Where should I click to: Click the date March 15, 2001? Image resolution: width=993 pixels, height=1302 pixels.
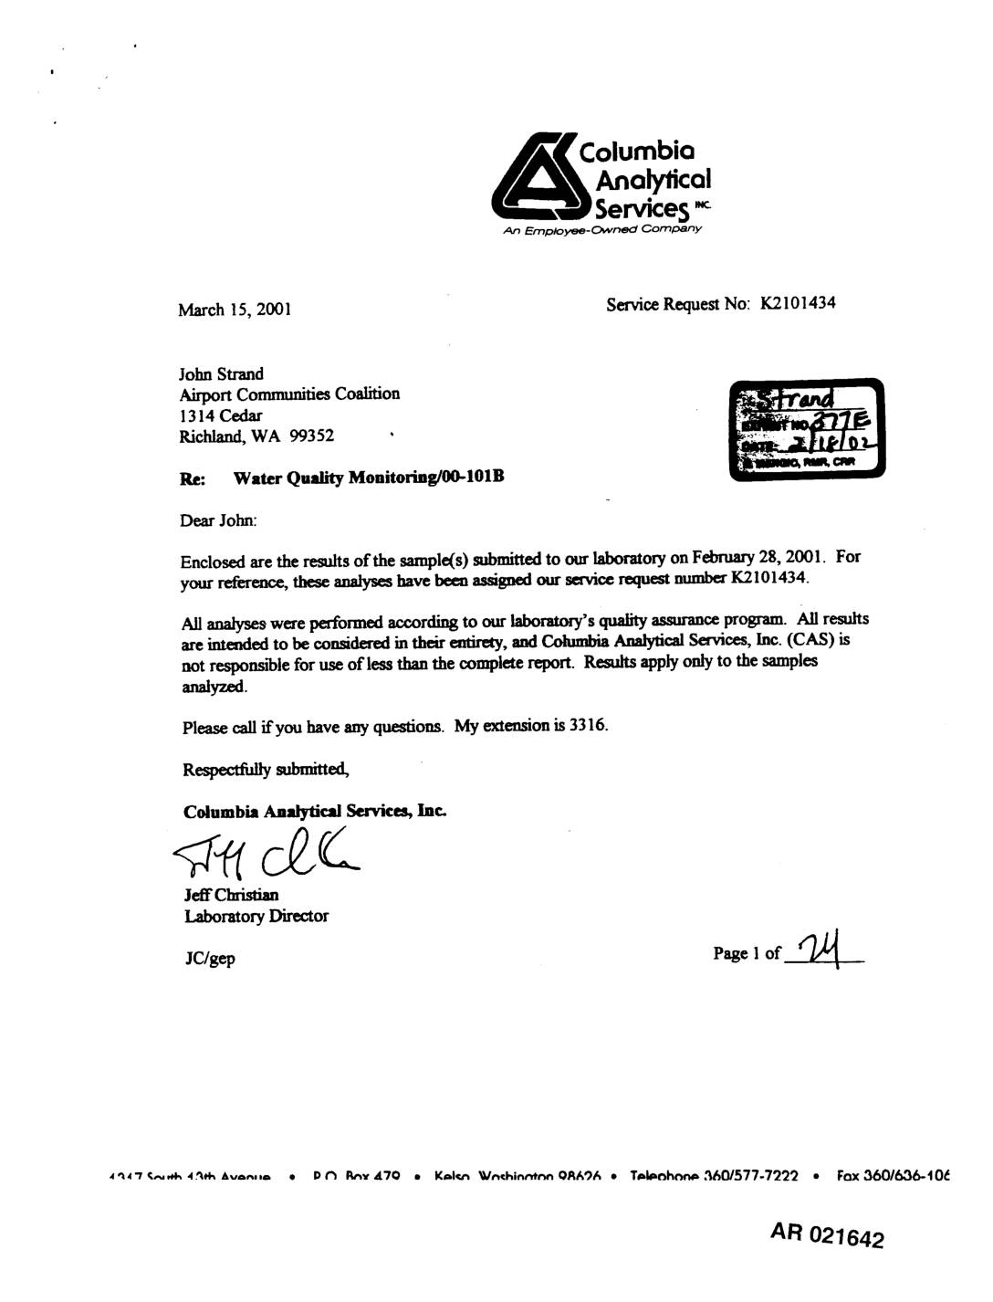[x=235, y=310]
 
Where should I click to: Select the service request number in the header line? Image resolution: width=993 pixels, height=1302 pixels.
[x=798, y=303]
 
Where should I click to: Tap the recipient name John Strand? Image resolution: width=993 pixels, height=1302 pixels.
[x=221, y=373]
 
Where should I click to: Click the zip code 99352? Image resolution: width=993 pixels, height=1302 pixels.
[x=311, y=436]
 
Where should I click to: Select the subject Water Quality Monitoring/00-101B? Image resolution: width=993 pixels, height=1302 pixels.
[x=369, y=478]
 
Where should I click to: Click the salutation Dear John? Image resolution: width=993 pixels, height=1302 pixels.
[x=219, y=520]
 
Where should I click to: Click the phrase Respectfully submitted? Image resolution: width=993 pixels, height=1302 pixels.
[x=266, y=769]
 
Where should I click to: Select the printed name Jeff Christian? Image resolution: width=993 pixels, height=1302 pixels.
[x=231, y=895]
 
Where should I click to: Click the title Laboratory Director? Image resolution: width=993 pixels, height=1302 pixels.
[x=256, y=916]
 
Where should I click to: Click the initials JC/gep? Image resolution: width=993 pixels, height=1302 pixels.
[x=209, y=958]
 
